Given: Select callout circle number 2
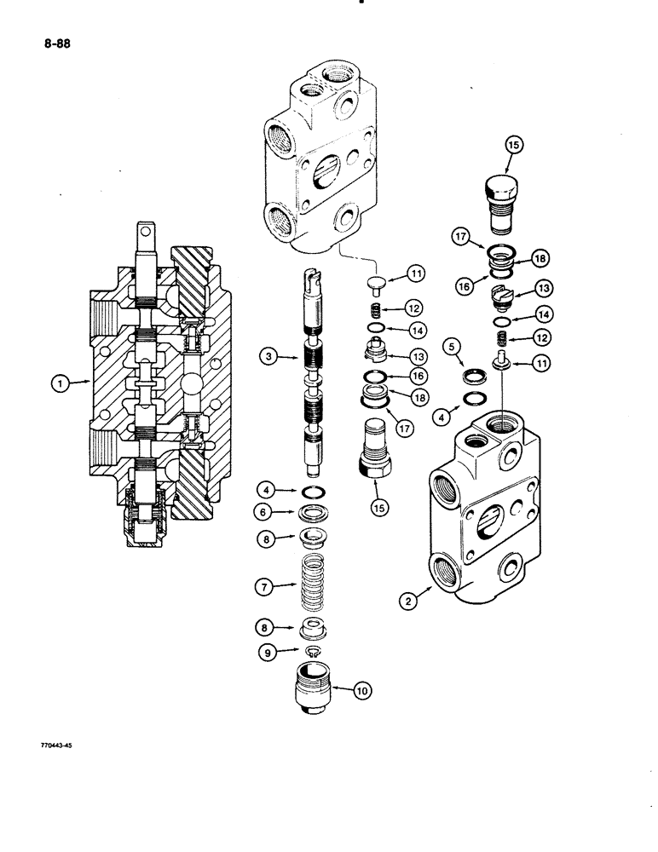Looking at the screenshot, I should click(411, 600).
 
